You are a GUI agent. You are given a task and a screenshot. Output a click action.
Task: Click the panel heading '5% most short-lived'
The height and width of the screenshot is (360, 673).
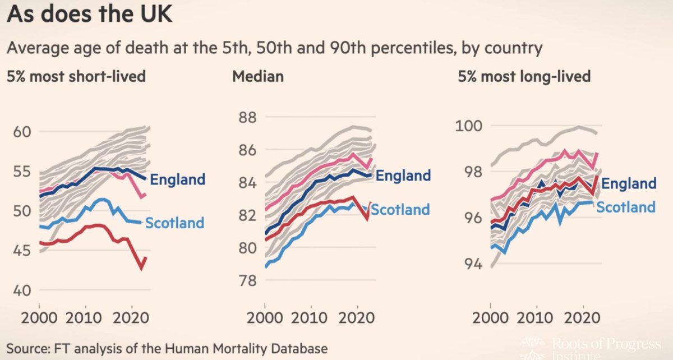coord(76,76)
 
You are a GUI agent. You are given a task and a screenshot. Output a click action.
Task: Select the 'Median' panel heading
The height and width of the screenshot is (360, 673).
coord(257,76)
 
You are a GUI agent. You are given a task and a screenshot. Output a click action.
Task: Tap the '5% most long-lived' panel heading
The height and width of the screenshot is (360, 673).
coord(523,76)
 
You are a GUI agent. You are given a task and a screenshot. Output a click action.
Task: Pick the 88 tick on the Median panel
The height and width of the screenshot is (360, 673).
coord(245,118)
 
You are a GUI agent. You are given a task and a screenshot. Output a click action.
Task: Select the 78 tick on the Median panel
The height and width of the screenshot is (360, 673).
coord(245,281)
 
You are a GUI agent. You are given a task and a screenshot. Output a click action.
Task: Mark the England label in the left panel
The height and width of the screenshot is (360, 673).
coord(178,179)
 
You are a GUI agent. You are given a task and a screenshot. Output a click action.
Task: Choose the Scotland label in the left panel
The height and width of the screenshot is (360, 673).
coord(174,223)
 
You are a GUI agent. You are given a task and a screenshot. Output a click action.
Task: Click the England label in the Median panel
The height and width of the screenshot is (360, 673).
coord(403,176)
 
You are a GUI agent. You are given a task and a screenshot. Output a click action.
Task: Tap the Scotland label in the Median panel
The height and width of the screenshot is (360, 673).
coord(400,210)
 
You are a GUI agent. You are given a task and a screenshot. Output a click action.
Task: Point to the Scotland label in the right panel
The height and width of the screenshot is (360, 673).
coord(625,207)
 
